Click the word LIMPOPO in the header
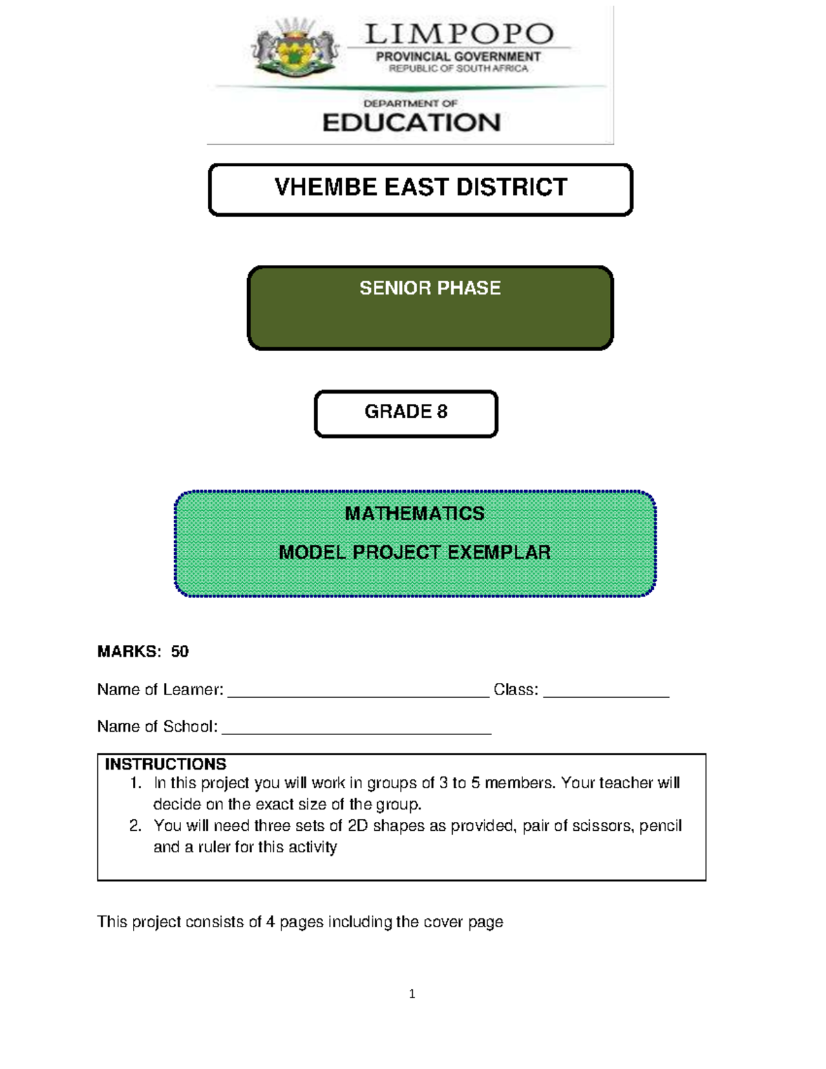click(458, 34)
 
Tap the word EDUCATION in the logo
click(412, 123)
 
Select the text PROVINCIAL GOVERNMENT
click(458, 56)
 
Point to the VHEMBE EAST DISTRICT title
click(421, 187)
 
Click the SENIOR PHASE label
click(430, 288)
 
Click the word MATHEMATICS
click(414, 514)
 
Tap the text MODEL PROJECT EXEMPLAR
click(414, 552)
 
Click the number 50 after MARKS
click(180, 651)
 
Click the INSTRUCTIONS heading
click(165, 764)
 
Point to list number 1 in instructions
click(136, 783)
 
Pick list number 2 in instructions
click(136, 825)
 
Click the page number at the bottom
click(412, 993)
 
